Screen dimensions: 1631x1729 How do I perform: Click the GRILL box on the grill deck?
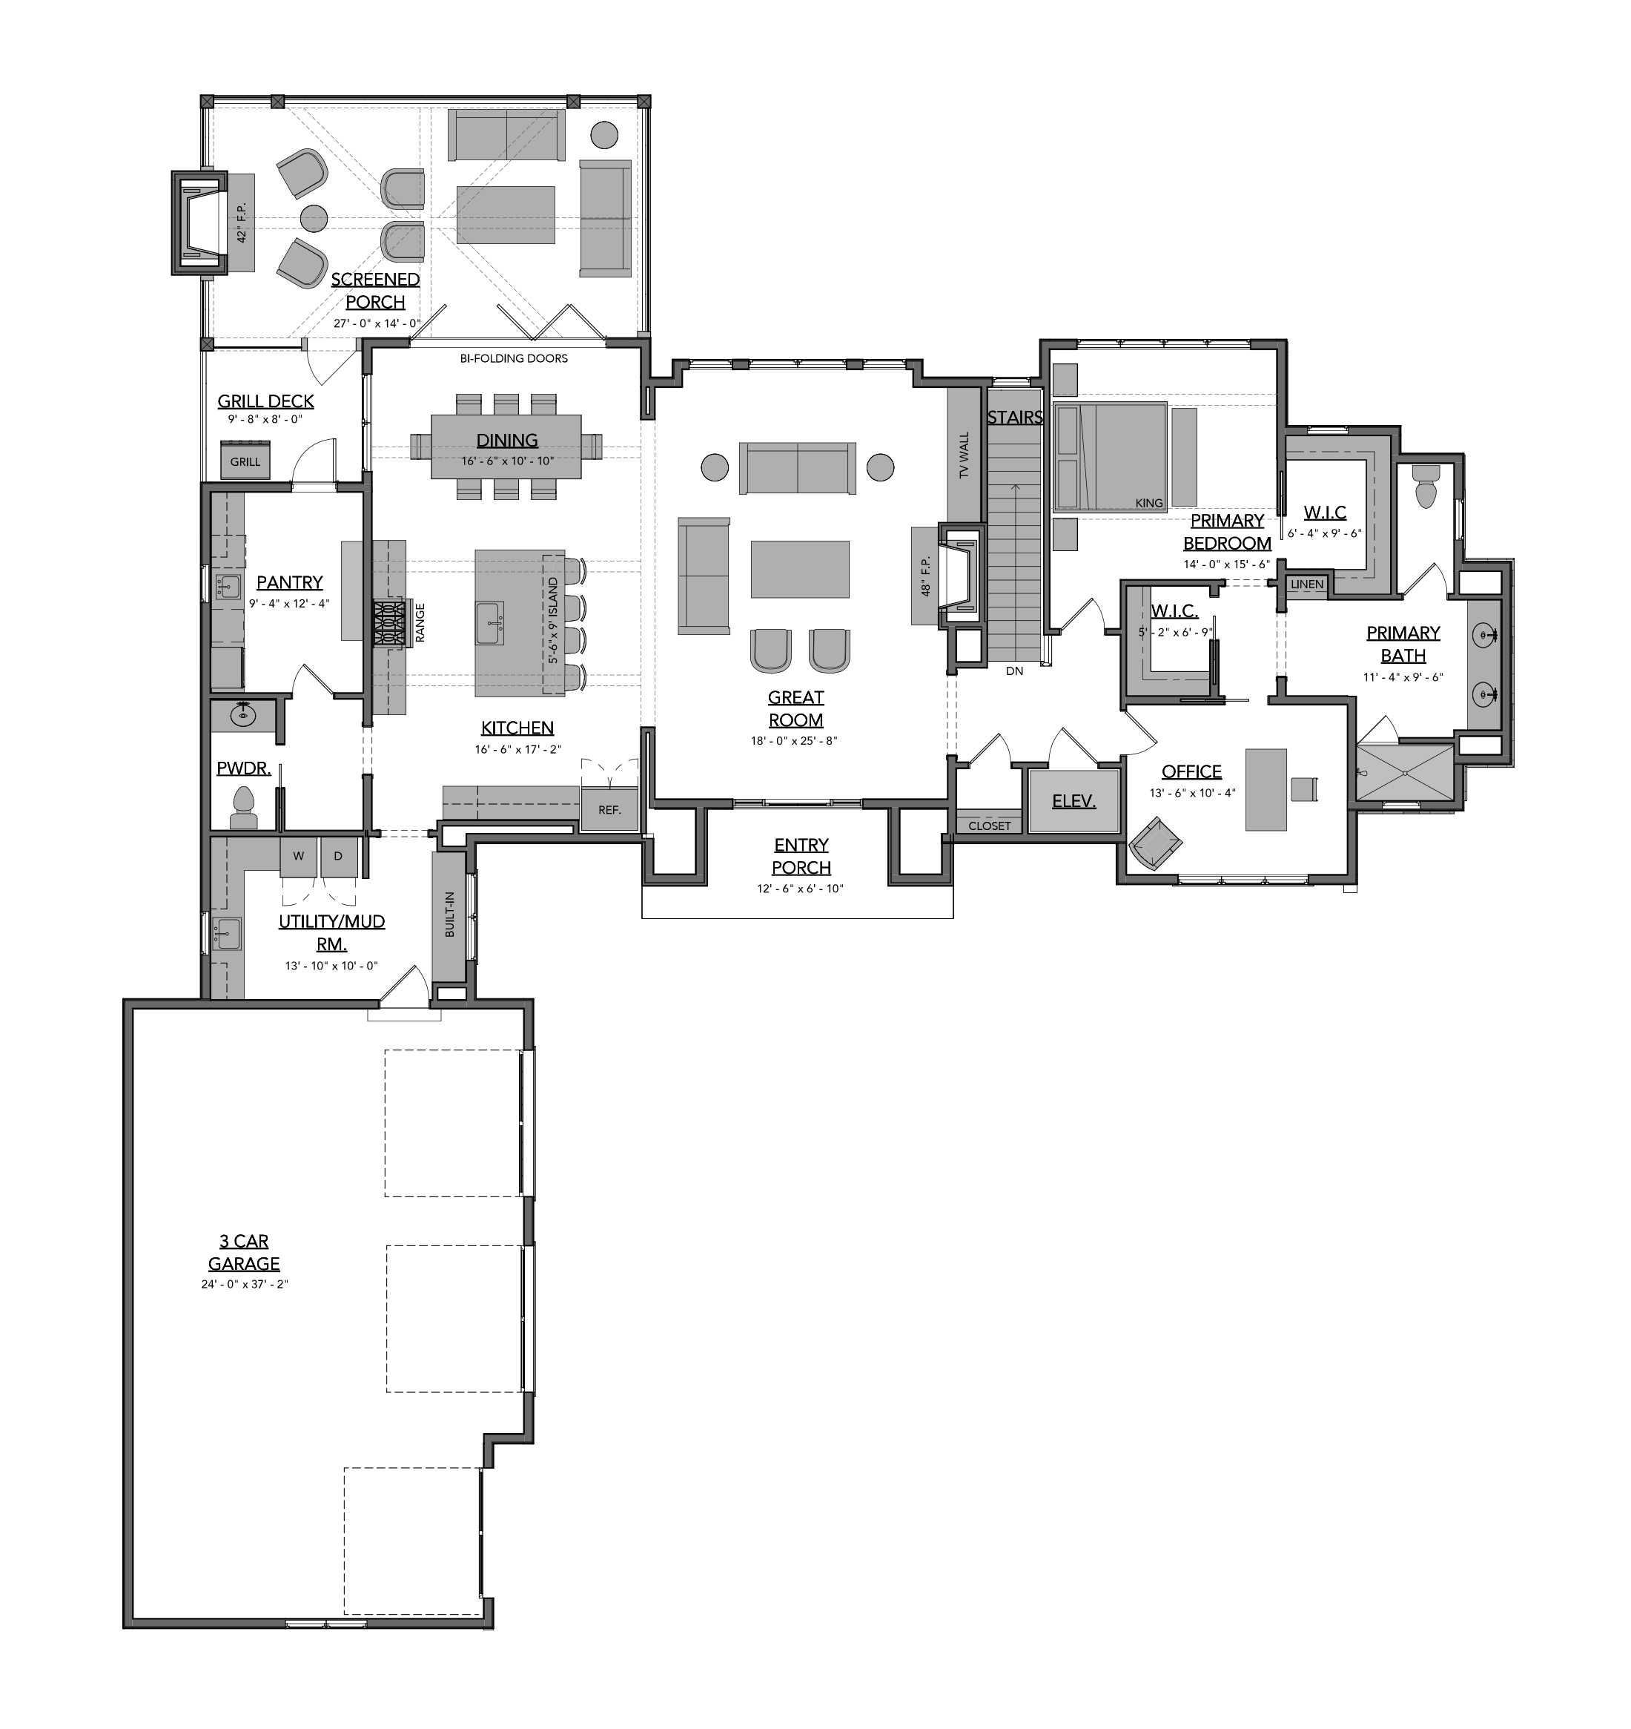click(245, 459)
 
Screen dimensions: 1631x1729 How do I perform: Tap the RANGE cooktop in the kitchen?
click(391, 623)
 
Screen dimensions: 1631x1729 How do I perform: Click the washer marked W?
click(298, 857)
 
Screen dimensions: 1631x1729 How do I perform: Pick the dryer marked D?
click(338, 857)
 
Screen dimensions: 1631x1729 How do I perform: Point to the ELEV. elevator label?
click(1073, 801)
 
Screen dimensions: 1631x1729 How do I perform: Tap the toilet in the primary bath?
click(1426, 488)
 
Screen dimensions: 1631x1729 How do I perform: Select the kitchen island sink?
click(489, 624)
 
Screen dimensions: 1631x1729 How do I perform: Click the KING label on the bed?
click(1148, 503)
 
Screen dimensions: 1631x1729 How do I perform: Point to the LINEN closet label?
click(1307, 584)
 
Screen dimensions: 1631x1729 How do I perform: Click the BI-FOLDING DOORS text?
click(514, 358)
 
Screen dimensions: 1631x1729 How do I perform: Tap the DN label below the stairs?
click(1015, 671)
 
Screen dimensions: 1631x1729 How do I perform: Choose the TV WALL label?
click(963, 455)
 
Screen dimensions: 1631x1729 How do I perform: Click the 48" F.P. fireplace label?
click(925, 576)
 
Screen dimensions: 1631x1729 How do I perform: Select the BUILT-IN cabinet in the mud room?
click(449, 915)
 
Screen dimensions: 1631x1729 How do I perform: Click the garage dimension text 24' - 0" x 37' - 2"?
click(245, 1284)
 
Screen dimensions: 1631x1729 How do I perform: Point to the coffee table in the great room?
click(800, 569)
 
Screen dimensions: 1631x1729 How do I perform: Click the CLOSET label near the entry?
click(990, 826)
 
